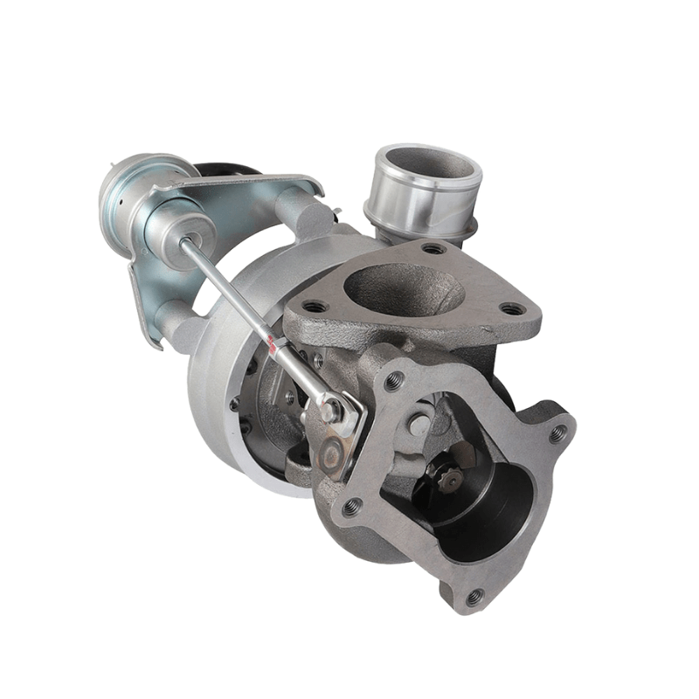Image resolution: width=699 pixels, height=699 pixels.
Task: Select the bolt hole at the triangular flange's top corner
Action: click(x=433, y=249)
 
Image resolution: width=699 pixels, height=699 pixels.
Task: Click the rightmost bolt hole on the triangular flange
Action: click(x=513, y=308)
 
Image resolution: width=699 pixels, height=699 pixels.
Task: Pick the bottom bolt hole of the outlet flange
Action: click(x=474, y=598)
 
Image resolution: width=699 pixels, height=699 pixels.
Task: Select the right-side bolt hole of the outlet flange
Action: click(x=557, y=433)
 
